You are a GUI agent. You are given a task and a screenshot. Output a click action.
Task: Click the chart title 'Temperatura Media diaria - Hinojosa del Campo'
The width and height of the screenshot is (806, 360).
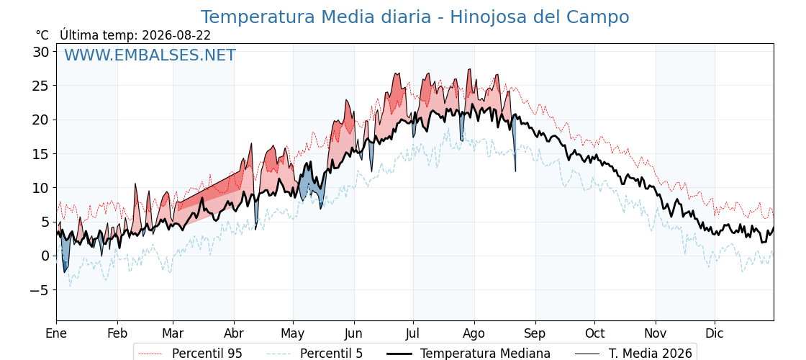click(415, 17)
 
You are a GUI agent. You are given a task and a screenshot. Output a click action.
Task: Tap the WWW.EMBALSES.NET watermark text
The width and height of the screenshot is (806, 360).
click(150, 55)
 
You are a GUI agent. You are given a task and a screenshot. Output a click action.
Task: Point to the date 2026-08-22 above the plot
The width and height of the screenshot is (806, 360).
click(176, 35)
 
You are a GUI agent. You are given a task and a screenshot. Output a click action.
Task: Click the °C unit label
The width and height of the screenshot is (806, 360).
click(42, 35)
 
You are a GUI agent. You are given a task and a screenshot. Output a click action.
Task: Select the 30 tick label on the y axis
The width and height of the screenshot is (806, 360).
click(42, 52)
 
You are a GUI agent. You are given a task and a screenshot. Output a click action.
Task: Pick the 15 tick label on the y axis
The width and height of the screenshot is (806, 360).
click(42, 154)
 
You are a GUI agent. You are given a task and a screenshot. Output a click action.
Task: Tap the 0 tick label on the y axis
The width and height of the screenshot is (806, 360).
click(46, 256)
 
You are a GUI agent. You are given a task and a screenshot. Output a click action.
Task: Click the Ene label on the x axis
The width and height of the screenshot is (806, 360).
click(56, 333)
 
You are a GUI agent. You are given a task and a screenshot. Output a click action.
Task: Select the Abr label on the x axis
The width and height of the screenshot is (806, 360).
click(235, 333)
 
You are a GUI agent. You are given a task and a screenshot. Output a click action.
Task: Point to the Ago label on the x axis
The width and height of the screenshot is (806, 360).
click(474, 333)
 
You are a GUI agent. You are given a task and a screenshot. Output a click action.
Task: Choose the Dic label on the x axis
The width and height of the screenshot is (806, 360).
click(714, 333)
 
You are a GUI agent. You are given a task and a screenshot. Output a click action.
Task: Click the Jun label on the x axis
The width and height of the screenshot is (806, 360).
click(353, 333)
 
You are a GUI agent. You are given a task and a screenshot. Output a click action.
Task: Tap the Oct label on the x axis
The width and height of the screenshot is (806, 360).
click(594, 333)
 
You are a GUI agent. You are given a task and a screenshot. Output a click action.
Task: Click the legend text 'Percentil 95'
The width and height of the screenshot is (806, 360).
click(207, 354)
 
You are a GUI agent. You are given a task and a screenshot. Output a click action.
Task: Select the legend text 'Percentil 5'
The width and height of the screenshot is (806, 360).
click(332, 354)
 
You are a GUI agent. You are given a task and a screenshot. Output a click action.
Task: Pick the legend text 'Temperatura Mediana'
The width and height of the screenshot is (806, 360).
click(485, 354)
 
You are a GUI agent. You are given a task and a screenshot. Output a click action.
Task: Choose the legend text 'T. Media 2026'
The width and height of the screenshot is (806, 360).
click(651, 354)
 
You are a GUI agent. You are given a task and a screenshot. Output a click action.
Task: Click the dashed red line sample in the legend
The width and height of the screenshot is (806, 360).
click(150, 354)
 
